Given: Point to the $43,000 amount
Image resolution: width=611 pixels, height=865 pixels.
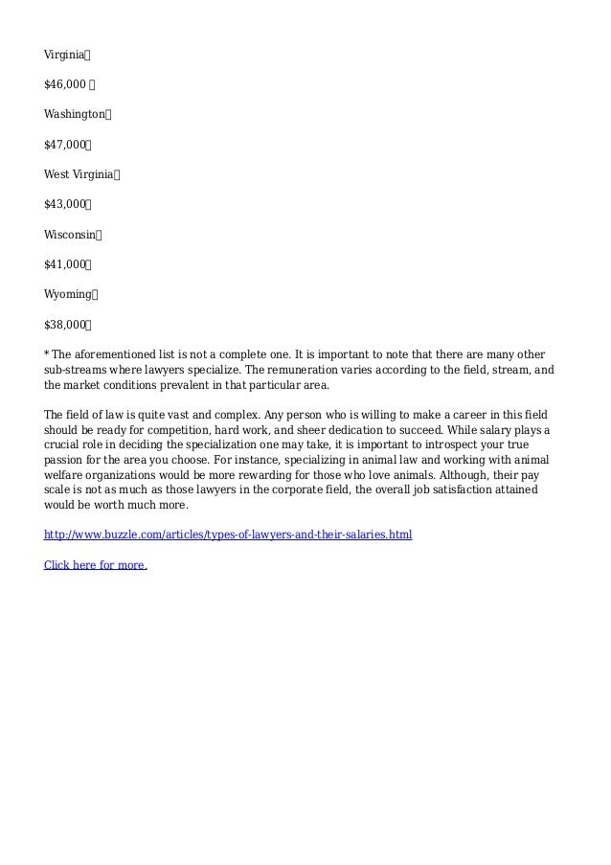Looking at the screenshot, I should (x=66, y=203).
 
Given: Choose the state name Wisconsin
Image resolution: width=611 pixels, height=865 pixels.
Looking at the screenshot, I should (x=70, y=233).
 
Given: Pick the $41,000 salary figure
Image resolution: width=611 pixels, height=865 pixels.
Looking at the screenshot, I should (x=66, y=262).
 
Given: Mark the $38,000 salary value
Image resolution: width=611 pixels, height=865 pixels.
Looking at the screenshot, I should (x=66, y=323).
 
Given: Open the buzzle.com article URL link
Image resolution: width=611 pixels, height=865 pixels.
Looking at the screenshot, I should (x=228, y=535).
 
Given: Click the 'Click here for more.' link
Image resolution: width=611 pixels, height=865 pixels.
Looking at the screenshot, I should (x=96, y=564).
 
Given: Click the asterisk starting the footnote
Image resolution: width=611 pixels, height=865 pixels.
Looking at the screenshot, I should (x=47, y=353).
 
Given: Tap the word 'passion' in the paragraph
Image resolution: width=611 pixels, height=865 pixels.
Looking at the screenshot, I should (x=63, y=460).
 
